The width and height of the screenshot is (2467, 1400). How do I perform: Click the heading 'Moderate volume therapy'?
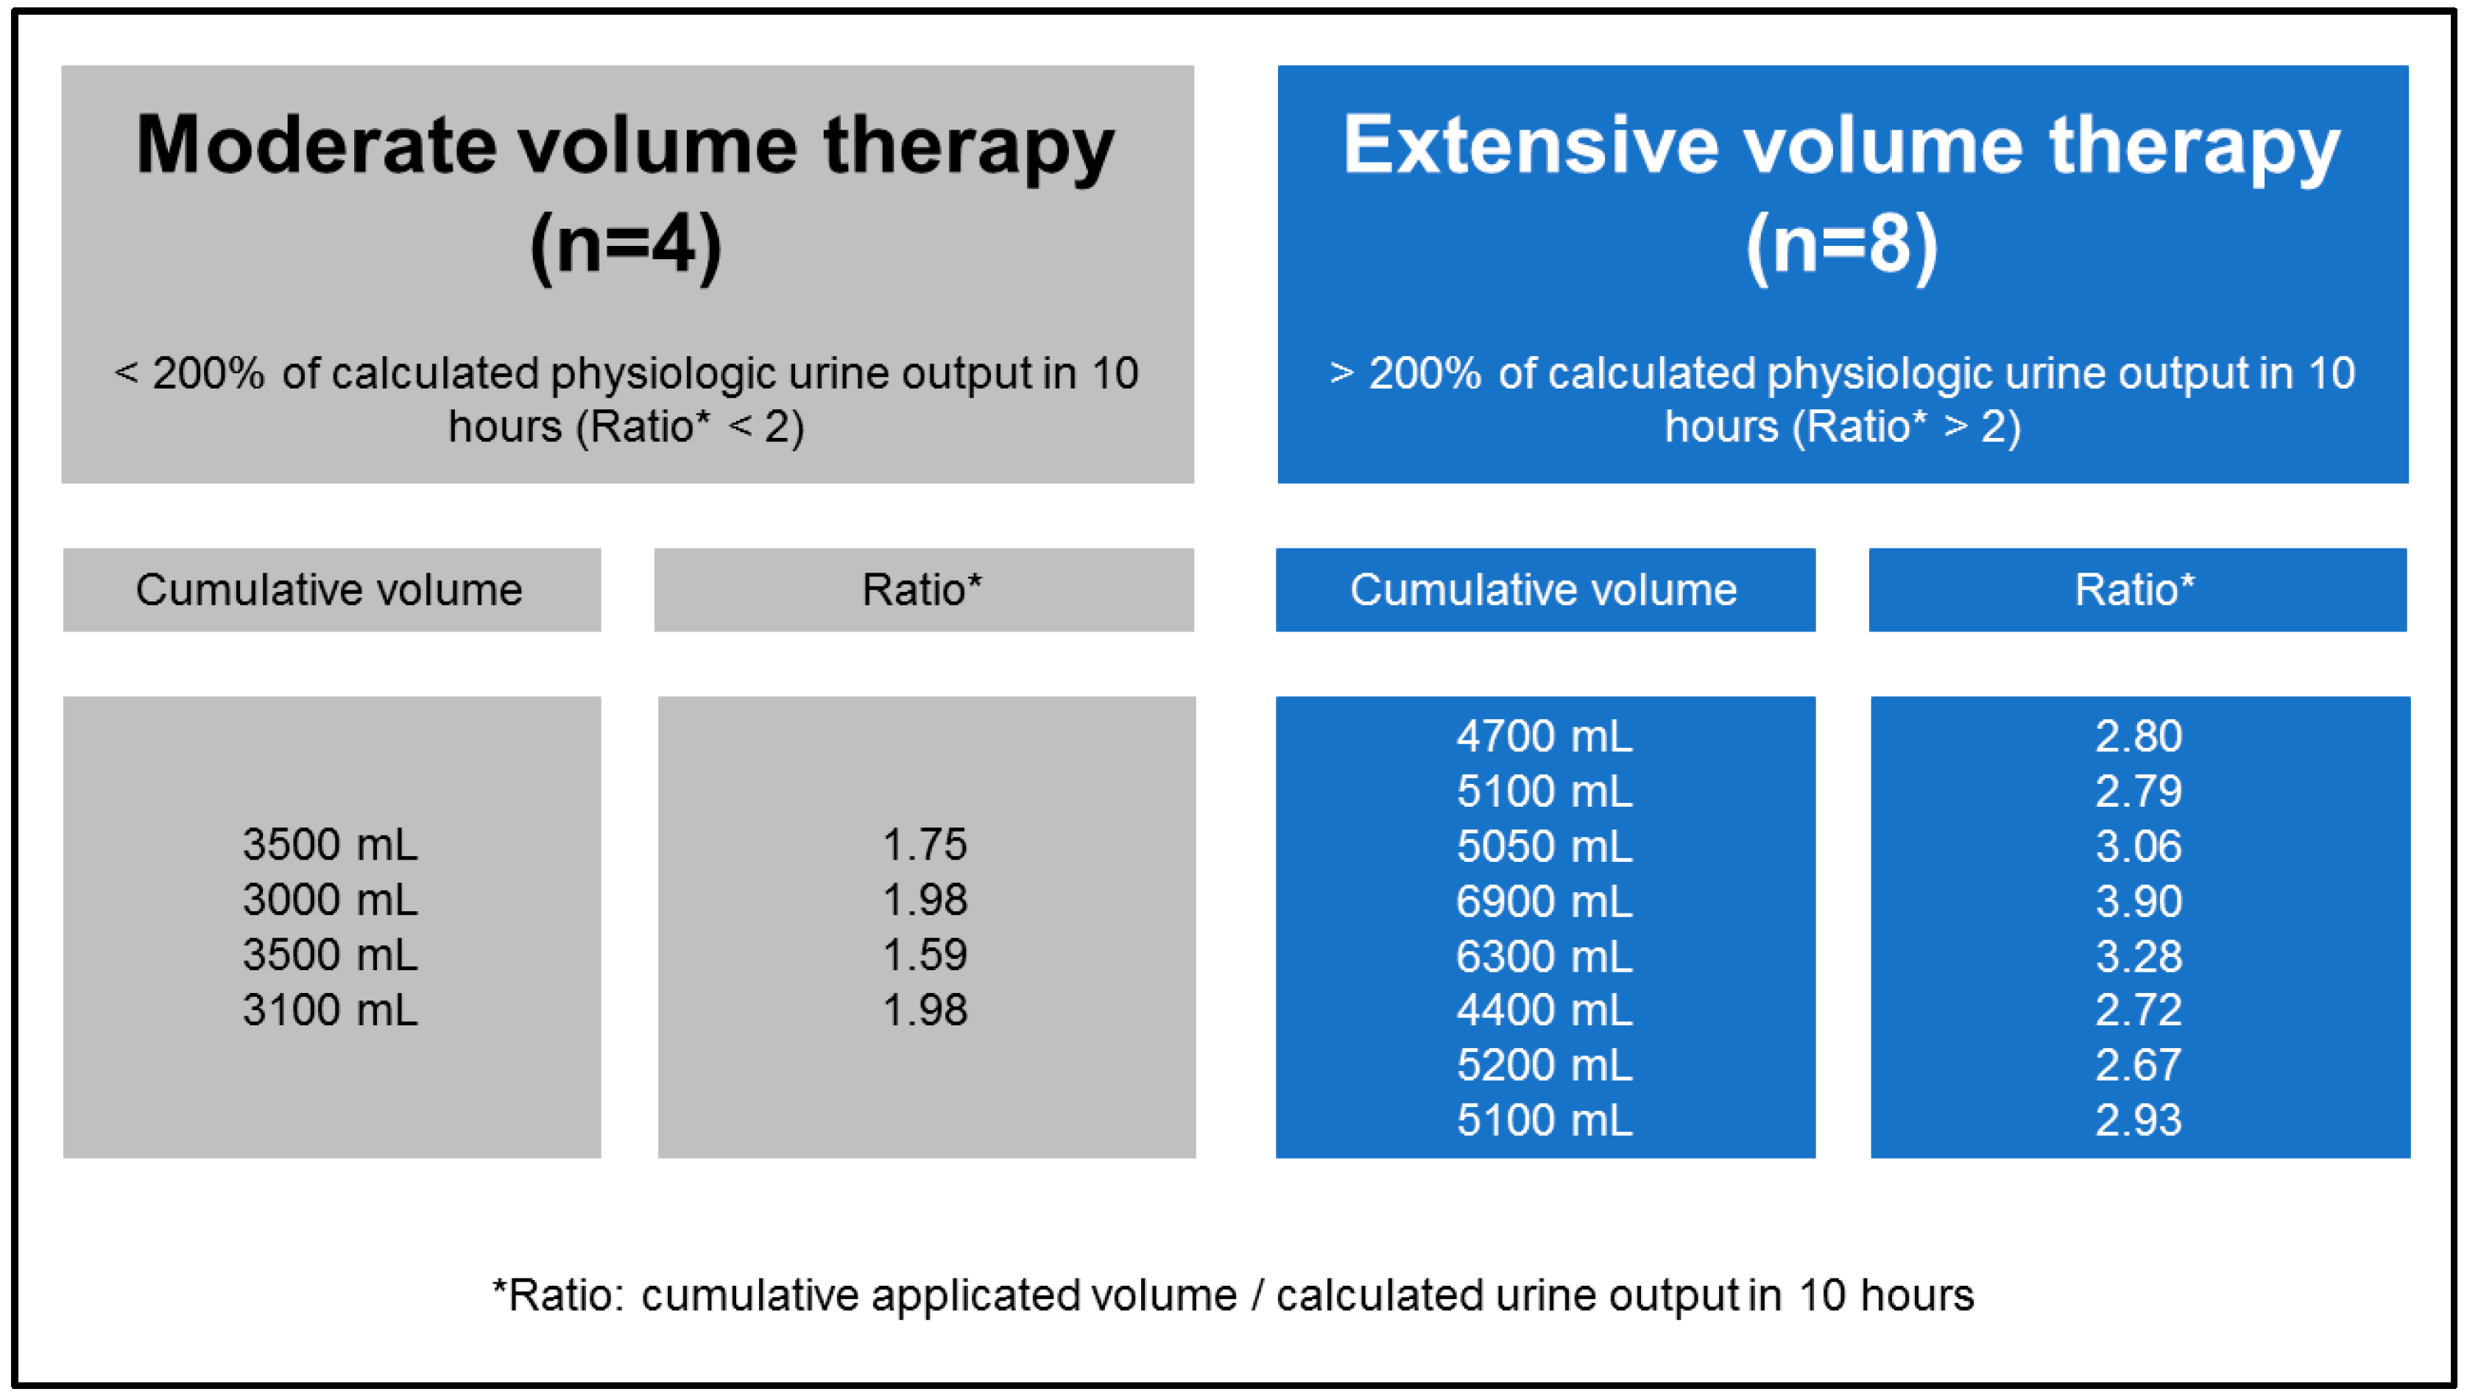626,146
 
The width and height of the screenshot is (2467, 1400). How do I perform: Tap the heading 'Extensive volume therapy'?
1842,146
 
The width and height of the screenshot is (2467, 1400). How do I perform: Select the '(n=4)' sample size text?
626,246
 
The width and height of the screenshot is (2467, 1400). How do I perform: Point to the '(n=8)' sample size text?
1842,246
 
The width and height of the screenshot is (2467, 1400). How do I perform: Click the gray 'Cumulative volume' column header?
332,590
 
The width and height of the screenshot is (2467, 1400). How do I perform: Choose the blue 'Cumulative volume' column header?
1545,590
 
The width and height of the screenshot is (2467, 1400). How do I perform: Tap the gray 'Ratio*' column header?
924,590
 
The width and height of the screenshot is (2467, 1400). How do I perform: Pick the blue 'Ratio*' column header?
2137,590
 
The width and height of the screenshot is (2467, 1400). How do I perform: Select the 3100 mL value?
331,1011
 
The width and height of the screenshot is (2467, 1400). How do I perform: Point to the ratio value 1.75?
925,845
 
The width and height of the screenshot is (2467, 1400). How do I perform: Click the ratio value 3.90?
2139,902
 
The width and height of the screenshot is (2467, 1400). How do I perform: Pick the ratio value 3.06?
2139,847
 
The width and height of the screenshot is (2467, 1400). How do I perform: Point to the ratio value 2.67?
2139,1065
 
